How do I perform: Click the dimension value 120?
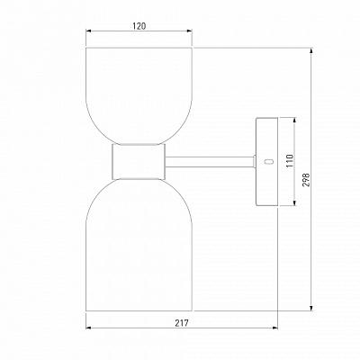[139, 26]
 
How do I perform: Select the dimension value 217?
[182, 323]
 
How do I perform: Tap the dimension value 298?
[306, 180]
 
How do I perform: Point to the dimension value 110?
[289, 161]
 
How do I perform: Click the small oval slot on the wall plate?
[268, 161]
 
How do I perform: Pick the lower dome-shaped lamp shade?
[139, 245]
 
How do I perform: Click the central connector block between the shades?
[139, 162]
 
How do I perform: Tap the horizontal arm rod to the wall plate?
[210, 162]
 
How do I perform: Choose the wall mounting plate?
[266, 162]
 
